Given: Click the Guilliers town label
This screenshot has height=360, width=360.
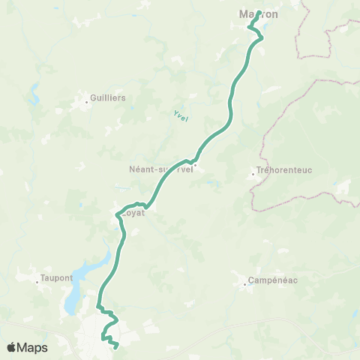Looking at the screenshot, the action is pos(107,97).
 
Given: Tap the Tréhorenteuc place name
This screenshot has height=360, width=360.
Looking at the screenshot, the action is pos(283,170).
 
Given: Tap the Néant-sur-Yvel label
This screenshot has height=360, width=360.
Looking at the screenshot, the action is pos(161,169).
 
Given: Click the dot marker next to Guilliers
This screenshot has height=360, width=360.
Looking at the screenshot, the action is pos(85,97).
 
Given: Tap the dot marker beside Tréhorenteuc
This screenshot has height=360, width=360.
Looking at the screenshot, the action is pos(253,177).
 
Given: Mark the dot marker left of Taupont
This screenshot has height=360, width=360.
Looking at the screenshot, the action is pos(37,283).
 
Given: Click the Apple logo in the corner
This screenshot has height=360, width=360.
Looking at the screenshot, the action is pos(11,347).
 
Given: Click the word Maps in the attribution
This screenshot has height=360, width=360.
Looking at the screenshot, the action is pos(33,347).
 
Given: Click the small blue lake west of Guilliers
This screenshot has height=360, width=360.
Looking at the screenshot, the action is pos(34,96).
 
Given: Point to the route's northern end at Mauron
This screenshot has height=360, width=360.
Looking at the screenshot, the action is pos(259,12).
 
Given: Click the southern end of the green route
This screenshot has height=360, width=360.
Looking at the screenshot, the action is pos(118,346).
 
